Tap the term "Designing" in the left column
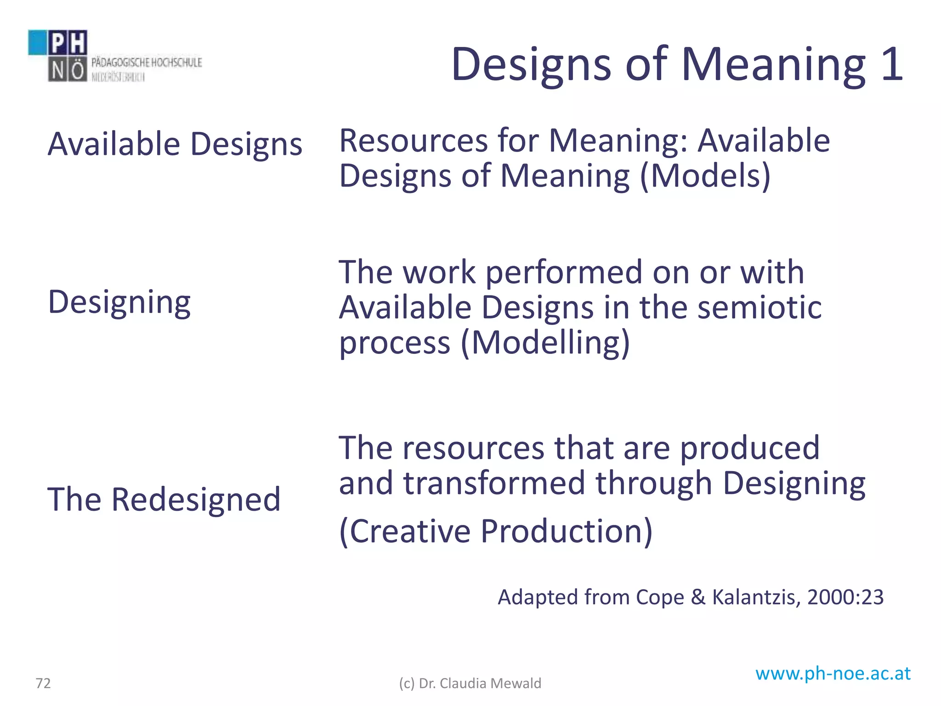[119, 302]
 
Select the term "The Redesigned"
[164, 499]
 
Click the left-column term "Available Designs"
[175, 144]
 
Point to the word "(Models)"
[705, 176]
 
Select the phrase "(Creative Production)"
[495, 531]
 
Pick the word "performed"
[564, 272]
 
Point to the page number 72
[43, 683]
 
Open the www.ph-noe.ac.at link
[833, 674]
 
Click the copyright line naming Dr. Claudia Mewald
[470, 683]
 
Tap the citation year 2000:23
[845, 597]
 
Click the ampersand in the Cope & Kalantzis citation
[698, 597]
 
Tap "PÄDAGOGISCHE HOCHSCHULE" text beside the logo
[147, 62]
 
